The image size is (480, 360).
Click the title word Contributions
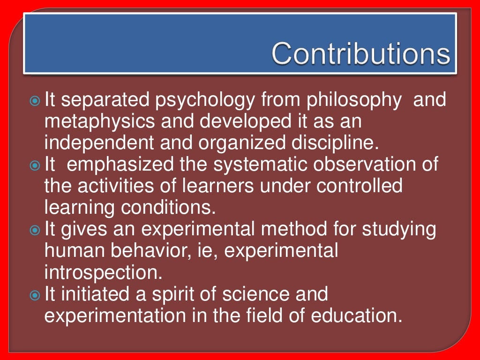(360, 54)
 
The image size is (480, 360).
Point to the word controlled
(360, 186)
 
